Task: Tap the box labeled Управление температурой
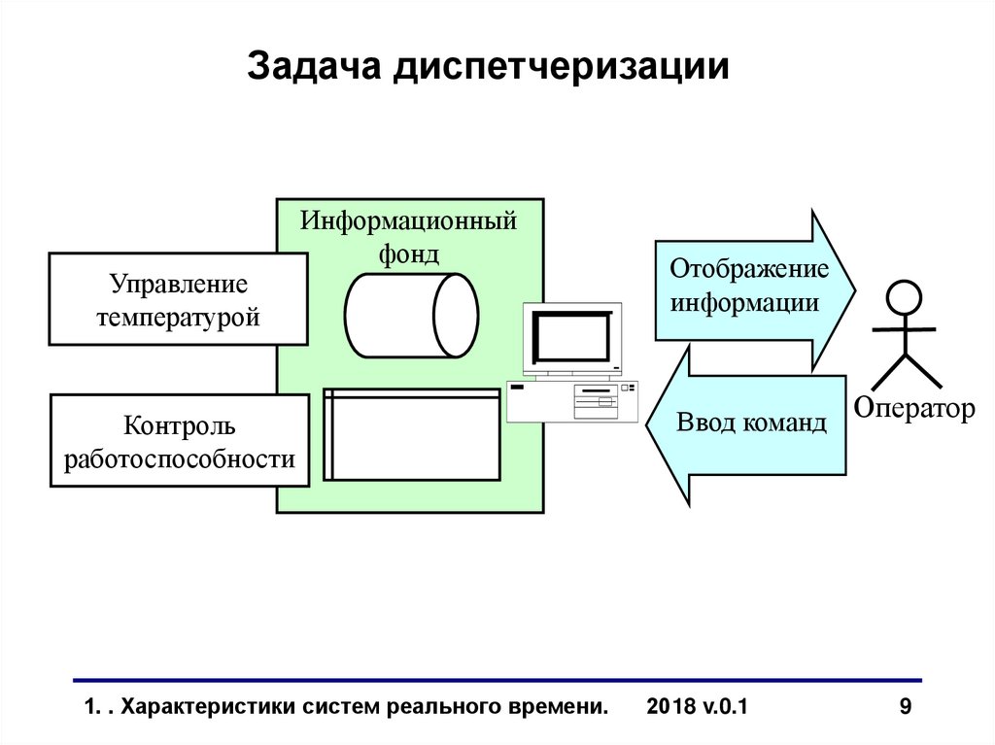pyautogui.click(x=178, y=299)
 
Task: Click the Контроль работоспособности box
pyautogui.click(x=179, y=440)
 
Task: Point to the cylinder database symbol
pyautogui.click(x=410, y=315)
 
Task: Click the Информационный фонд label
pyautogui.click(x=408, y=236)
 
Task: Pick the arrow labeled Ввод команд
pyautogui.click(x=748, y=424)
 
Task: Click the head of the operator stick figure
pyautogui.click(x=905, y=295)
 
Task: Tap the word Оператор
pyautogui.click(x=913, y=409)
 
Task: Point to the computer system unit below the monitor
pyautogui.click(x=572, y=400)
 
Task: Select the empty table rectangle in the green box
pyautogui.click(x=412, y=434)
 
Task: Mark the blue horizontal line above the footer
pyautogui.click(x=497, y=680)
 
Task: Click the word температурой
pyautogui.click(x=178, y=316)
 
